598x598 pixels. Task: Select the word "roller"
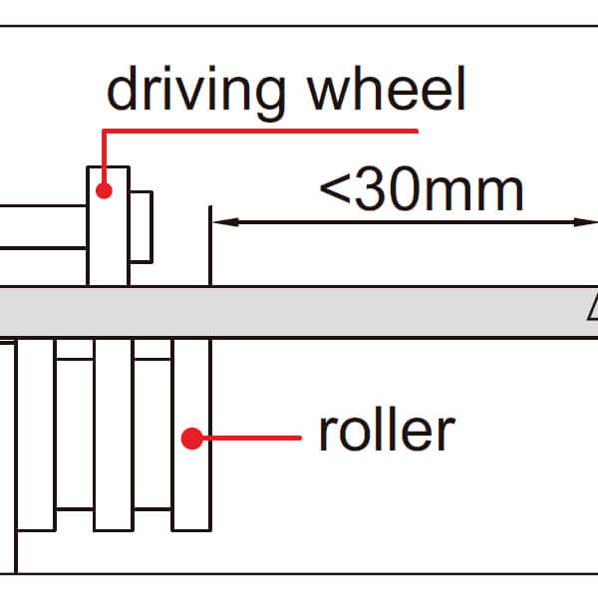click(386, 431)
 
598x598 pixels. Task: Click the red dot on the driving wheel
click(103, 188)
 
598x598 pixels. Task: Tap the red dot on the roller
click(190, 437)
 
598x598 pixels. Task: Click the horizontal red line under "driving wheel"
click(259, 132)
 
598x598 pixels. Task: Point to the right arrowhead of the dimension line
click(588, 223)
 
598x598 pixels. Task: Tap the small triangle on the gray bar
click(593, 310)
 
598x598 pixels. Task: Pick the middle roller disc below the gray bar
click(113, 434)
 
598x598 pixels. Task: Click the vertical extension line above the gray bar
click(209, 244)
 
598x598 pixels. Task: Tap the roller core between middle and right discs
click(152, 434)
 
